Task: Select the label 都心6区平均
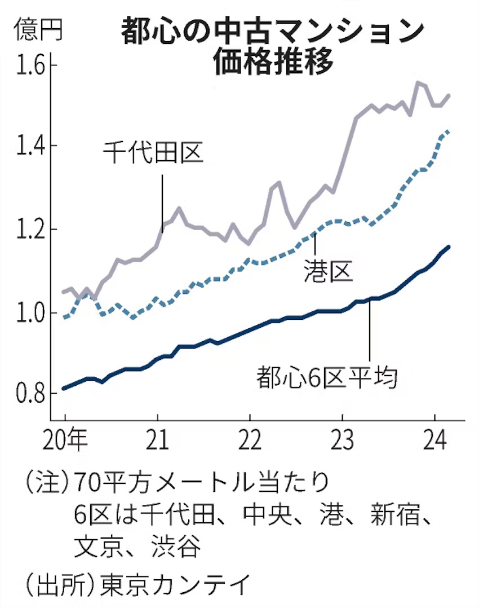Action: point(327,377)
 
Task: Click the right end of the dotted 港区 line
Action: point(448,131)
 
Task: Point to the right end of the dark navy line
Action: point(449,246)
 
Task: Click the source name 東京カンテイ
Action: point(175,586)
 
